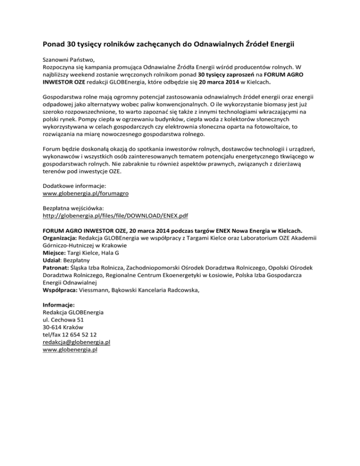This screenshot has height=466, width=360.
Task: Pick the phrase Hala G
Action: pos(123,252)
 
